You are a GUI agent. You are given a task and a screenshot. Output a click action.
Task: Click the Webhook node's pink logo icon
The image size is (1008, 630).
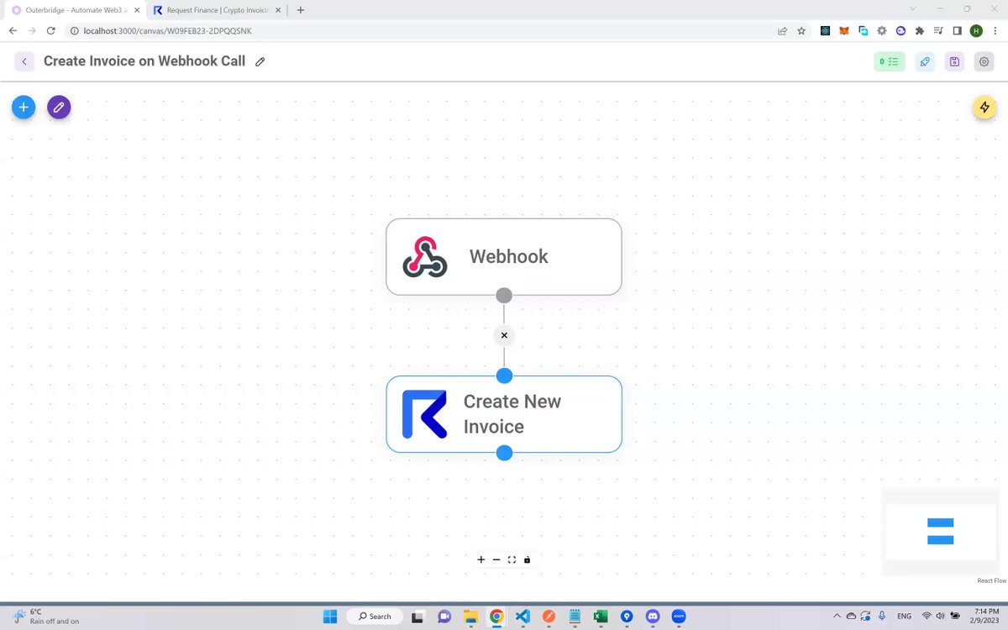pyautogui.click(x=424, y=256)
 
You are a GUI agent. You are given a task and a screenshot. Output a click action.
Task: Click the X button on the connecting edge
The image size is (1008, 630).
pyautogui.click(x=504, y=335)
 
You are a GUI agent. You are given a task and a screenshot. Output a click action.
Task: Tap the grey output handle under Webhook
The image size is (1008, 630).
pyautogui.click(x=504, y=295)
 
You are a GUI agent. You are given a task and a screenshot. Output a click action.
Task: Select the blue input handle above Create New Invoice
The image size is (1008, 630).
pyautogui.click(x=504, y=375)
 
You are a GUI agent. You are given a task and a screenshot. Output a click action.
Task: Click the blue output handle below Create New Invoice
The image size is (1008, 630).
pyautogui.click(x=504, y=453)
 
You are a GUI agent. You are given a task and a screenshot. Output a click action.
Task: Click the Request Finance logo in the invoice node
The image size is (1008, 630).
pyautogui.click(x=424, y=414)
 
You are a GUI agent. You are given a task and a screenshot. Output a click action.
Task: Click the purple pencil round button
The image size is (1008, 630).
pyautogui.click(x=59, y=108)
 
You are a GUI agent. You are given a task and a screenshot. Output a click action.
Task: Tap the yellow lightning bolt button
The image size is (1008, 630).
pyautogui.click(x=984, y=108)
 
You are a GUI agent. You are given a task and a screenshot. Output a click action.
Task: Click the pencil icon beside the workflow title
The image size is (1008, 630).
pyautogui.click(x=260, y=61)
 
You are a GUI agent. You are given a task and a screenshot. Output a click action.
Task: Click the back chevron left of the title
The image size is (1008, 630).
pyautogui.click(x=24, y=61)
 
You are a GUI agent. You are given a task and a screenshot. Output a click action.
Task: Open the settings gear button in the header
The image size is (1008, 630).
pyautogui.click(x=984, y=61)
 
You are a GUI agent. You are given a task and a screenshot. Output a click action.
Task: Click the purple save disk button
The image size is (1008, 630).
pyautogui.click(x=954, y=61)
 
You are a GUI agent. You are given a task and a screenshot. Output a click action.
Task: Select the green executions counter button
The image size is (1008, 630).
pyautogui.click(x=890, y=61)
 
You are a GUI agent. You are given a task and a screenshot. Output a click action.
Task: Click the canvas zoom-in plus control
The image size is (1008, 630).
pyautogui.click(x=481, y=559)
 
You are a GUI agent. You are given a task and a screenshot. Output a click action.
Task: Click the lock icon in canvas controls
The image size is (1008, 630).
pyautogui.click(x=527, y=559)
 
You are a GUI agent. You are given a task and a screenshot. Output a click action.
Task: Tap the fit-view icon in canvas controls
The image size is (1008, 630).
pyautogui.click(x=512, y=559)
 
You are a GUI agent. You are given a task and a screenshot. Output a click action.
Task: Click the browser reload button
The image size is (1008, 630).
pyautogui.click(x=51, y=30)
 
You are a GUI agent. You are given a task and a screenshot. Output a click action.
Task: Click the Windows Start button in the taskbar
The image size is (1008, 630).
pyautogui.click(x=330, y=616)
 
